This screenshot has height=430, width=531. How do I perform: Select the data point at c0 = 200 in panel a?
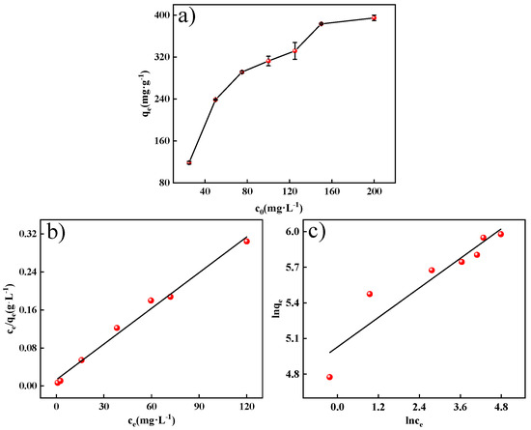(374, 17)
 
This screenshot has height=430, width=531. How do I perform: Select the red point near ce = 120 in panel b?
(246, 241)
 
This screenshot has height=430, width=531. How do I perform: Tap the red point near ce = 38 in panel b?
(117, 328)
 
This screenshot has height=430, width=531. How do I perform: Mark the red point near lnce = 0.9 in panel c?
(369, 294)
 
